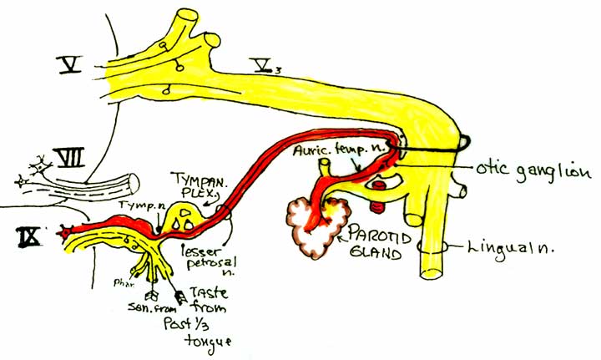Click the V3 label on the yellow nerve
pos(267,63)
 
